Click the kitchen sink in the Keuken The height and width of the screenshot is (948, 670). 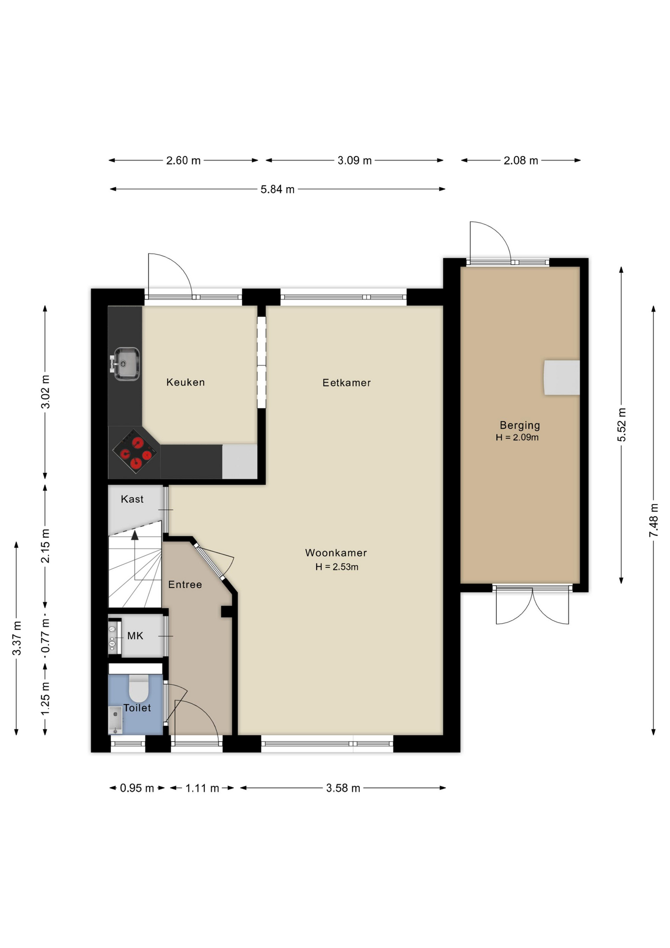(x=126, y=364)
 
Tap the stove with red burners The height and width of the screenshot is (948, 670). (x=135, y=451)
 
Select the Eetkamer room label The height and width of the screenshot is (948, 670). (x=346, y=383)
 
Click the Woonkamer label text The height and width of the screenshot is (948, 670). (x=336, y=553)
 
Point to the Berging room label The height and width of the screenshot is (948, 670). (x=520, y=425)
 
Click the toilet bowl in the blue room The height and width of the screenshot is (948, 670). (x=139, y=688)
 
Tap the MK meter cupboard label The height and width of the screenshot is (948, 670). (x=135, y=636)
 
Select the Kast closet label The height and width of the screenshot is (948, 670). (x=132, y=499)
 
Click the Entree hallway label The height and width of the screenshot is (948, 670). (x=185, y=585)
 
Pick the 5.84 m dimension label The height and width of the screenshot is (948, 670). (x=277, y=189)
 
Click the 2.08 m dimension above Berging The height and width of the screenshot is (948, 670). (x=521, y=160)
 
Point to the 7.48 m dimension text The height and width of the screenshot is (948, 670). (x=654, y=520)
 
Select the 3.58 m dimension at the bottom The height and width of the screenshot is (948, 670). (x=343, y=788)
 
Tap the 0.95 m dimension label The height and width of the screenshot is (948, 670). (x=137, y=788)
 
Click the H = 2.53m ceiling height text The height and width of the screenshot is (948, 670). (x=337, y=567)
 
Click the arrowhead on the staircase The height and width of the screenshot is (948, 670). (x=135, y=535)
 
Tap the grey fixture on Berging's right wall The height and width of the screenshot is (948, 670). (x=561, y=378)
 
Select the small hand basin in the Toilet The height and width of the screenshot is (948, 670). (x=115, y=719)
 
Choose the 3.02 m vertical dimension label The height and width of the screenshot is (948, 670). (x=45, y=392)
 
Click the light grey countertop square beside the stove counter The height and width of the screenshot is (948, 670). (x=240, y=462)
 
